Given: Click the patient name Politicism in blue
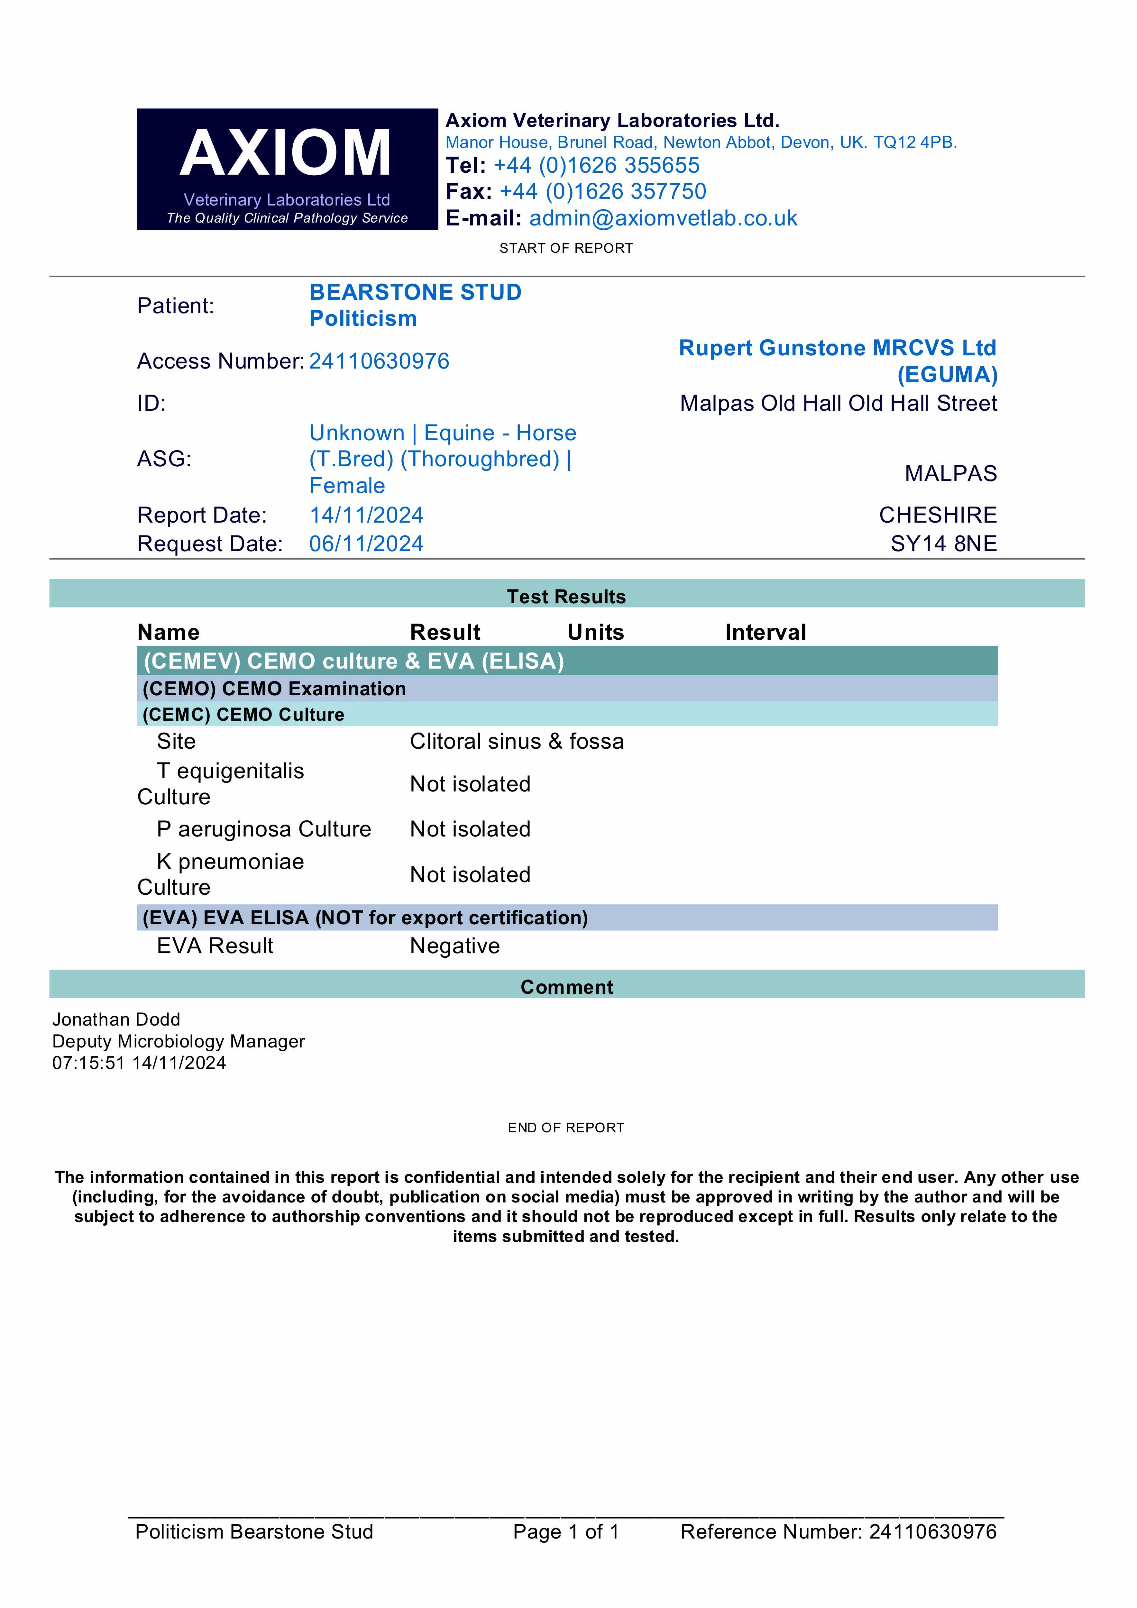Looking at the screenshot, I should tap(363, 319).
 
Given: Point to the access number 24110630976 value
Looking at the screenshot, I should tap(379, 361).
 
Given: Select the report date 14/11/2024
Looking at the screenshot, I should tap(366, 516).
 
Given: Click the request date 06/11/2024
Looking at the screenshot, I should tap(366, 544).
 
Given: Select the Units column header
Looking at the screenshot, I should tap(595, 632).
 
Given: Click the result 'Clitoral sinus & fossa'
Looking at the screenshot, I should tap(516, 742).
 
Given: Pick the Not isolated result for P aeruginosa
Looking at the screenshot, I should tap(470, 829).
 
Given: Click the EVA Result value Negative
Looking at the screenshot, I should tap(455, 946).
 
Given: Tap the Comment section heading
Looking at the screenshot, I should tap(567, 988).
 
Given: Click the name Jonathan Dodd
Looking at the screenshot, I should tap(116, 1020).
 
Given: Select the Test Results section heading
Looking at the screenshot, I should tap(566, 597).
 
